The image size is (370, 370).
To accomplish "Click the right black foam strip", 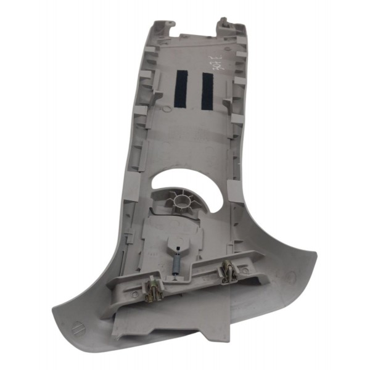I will (x=207, y=90).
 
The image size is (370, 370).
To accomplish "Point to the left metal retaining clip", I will (x=151, y=285).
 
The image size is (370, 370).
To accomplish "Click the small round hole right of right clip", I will (x=245, y=270).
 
